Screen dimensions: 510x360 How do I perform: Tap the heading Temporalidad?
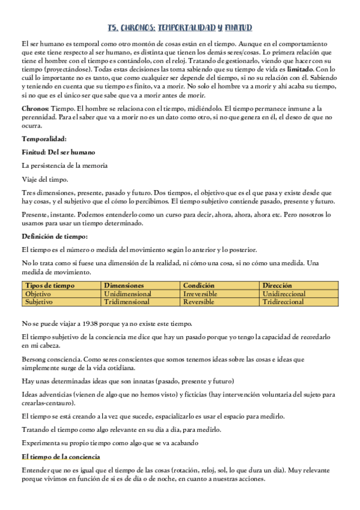[x=44, y=139]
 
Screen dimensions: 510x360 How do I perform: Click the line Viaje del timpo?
[x=45, y=179]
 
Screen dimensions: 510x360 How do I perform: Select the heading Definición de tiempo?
[x=55, y=236]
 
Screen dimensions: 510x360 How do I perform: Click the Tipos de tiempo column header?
[x=47, y=286]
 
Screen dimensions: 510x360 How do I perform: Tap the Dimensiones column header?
[x=124, y=286]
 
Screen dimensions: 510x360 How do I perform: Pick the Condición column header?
[x=198, y=286]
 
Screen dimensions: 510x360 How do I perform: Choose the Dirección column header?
[x=277, y=286]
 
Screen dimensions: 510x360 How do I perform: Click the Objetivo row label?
[x=38, y=293]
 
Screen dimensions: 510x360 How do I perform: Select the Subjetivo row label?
[x=39, y=301]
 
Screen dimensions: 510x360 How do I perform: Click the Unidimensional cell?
[x=127, y=293]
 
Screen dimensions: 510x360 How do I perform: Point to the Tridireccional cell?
[x=284, y=301]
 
